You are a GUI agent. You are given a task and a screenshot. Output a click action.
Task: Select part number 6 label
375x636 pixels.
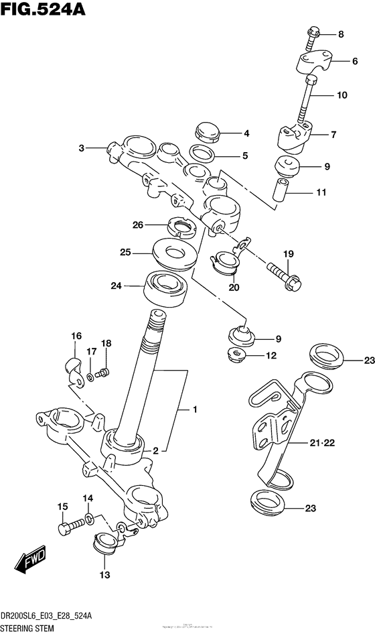355,61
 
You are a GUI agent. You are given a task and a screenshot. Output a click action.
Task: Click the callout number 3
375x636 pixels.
81,148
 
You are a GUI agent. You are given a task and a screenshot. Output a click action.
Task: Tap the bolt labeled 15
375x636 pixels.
65,528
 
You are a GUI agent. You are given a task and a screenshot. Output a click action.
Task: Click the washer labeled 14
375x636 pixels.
90,519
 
